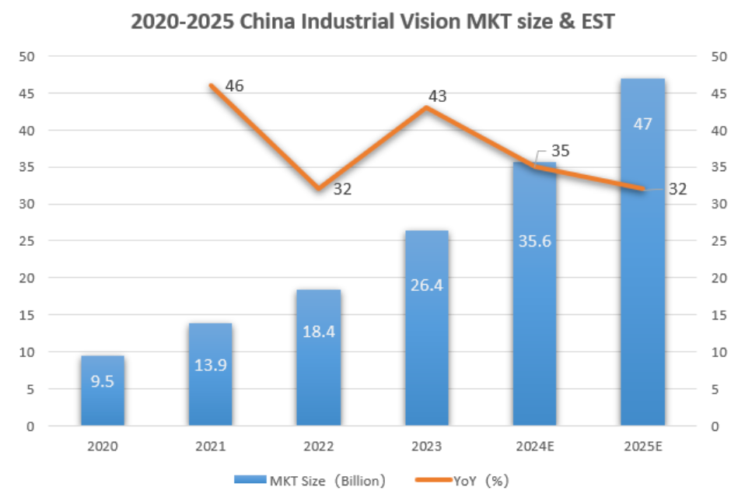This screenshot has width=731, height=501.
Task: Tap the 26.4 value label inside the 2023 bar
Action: (426, 286)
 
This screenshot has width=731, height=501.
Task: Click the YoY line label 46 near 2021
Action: (234, 86)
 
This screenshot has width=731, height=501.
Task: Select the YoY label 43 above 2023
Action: (437, 96)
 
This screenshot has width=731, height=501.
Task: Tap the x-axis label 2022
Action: (319, 447)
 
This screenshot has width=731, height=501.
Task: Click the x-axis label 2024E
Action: (534, 447)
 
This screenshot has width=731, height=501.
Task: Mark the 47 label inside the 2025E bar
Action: (642, 124)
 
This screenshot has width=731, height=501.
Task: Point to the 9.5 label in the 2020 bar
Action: (103, 383)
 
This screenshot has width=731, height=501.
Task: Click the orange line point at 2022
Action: (318, 188)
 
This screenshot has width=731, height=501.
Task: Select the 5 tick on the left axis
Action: (30, 390)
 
